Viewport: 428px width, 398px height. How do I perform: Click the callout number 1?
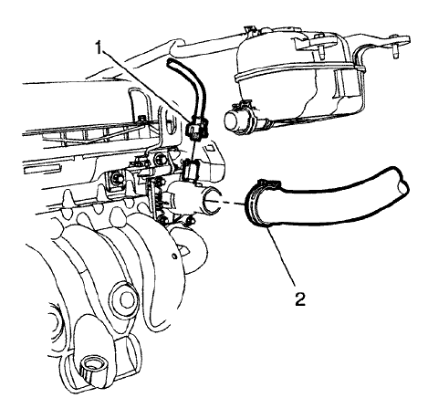click(99, 48)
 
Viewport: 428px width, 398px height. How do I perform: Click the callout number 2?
click(299, 298)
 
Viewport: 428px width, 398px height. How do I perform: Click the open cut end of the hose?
click(402, 186)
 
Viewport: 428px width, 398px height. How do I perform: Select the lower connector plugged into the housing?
click(191, 171)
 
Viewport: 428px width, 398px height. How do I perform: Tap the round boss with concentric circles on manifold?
click(124, 299)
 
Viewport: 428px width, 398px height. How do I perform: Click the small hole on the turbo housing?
click(174, 256)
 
